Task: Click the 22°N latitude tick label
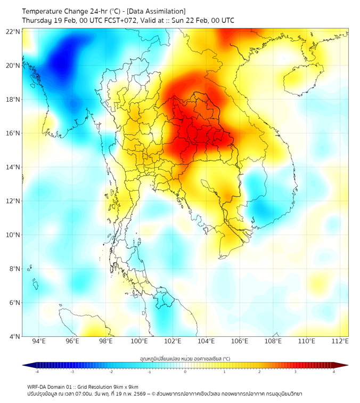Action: (x=13, y=31)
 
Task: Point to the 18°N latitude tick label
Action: (x=13, y=99)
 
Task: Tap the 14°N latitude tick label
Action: (x=13, y=167)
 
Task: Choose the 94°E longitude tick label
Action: (x=39, y=341)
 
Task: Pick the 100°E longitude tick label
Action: (x=139, y=341)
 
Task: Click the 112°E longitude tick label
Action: (x=340, y=341)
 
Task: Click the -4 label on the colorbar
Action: (x=37, y=372)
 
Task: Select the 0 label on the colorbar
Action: (x=185, y=372)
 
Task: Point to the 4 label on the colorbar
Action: (x=334, y=372)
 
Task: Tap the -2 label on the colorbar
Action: (x=111, y=372)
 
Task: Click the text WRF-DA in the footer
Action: (x=37, y=386)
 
